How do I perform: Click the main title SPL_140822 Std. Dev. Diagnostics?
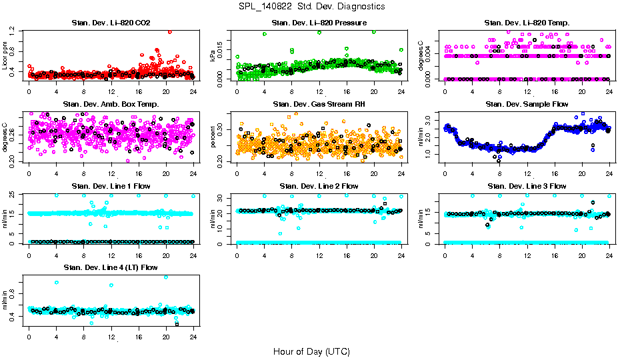(x=311, y=7)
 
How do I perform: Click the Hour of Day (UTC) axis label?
(x=311, y=351)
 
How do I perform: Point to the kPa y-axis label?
(x=213, y=56)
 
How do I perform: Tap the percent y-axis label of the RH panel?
(x=213, y=137)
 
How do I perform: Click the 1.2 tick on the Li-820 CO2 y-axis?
(x=14, y=31)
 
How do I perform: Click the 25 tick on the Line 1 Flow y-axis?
(x=14, y=195)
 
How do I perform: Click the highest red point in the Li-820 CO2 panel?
(x=170, y=31)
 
